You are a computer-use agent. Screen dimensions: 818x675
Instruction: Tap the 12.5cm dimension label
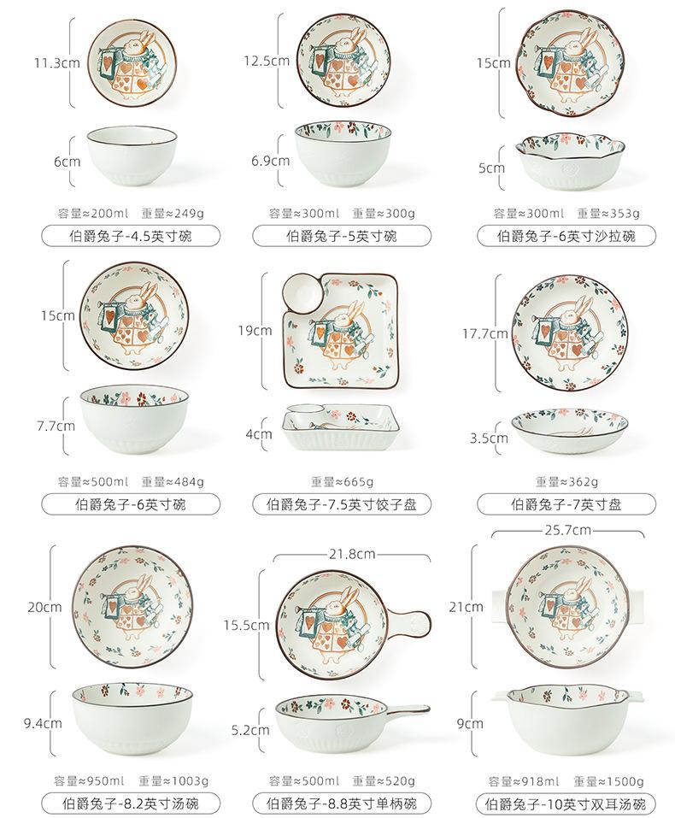click(266, 62)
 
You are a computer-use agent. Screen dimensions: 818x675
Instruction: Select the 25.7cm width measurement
click(566, 530)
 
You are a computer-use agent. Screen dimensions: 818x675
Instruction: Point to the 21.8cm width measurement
click(351, 554)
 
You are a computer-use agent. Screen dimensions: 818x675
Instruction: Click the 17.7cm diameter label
click(484, 333)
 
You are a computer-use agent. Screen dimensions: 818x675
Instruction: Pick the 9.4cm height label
click(43, 723)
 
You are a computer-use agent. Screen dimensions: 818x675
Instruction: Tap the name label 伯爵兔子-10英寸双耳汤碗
click(565, 803)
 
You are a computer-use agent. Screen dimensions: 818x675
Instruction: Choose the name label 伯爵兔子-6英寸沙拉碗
click(566, 237)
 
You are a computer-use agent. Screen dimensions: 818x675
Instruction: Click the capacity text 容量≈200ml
click(92, 214)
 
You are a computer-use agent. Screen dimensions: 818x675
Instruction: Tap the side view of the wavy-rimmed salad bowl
click(566, 164)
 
